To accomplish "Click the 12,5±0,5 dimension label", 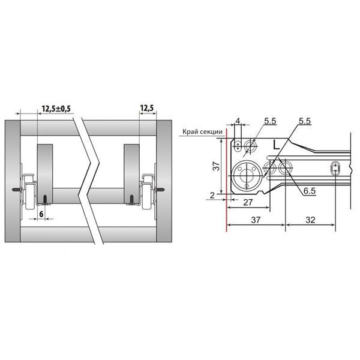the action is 56,109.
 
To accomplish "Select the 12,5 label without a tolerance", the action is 147,108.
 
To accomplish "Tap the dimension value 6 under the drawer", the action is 41,214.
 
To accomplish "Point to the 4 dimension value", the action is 238,121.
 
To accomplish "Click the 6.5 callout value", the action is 310,191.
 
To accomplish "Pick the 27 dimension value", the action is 248,203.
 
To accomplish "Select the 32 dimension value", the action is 310,220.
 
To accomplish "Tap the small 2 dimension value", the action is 212,196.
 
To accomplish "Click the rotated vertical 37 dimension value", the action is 216,166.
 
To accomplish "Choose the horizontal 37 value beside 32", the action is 256,220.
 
